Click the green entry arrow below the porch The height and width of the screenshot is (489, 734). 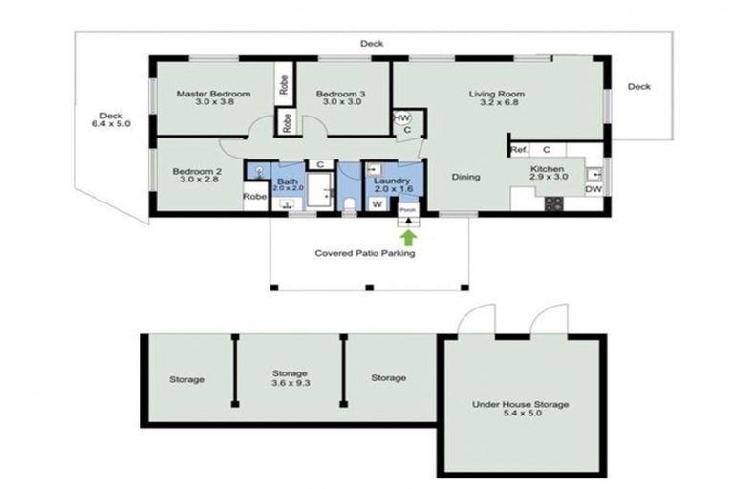point(409,236)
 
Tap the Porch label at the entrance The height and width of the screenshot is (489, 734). point(408,210)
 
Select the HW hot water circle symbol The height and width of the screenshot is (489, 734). point(402,118)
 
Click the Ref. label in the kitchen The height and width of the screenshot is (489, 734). point(519,150)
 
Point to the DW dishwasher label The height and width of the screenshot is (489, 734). point(593,189)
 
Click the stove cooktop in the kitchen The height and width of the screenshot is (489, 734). point(554,202)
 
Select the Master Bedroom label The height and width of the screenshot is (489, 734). point(213,94)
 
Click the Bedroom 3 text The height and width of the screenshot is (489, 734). point(341,94)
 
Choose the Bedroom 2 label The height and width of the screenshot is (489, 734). point(196,172)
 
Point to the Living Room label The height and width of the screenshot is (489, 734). point(496,94)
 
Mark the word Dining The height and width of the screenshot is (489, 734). point(465,177)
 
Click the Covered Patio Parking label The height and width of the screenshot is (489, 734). point(365,253)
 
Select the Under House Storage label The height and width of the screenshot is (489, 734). point(521,404)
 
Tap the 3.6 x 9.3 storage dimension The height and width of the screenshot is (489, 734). point(290,385)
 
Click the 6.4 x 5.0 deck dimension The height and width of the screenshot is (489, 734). point(110,123)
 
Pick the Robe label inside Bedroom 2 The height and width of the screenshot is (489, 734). point(254,197)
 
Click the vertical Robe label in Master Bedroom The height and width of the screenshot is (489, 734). point(284,83)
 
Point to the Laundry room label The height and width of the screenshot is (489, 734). point(392,181)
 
